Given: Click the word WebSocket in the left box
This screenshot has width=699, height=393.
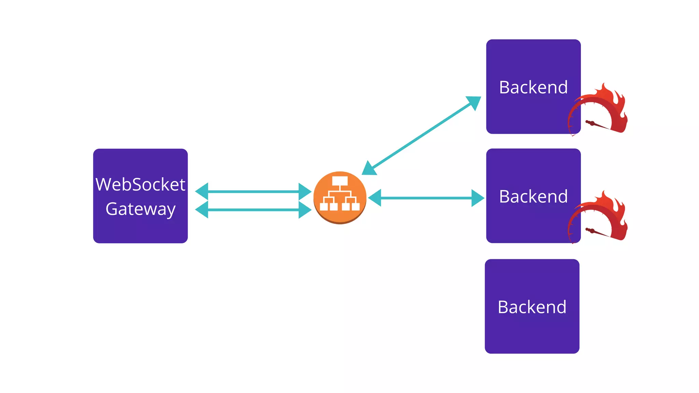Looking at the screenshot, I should click(x=140, y=185).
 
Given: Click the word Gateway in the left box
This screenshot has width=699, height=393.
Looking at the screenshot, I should click(x=140, y=209).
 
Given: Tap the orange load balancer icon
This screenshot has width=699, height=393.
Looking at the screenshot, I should click(x=340, y=198).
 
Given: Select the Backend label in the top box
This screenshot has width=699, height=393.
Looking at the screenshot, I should click(x=533, y=87).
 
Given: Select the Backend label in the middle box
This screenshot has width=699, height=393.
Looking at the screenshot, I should click(x=533, y=196).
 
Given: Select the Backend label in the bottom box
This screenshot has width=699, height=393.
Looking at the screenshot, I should click(x=532, y=307).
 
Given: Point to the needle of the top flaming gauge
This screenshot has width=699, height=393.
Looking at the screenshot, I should click(x=597, y=125).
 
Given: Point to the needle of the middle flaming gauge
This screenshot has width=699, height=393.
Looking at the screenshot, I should click(x=597, y=232).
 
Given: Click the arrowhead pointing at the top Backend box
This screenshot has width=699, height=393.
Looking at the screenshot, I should click(x=474, y=102).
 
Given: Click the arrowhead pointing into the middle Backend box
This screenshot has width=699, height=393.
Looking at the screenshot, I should click(x=477, y=198).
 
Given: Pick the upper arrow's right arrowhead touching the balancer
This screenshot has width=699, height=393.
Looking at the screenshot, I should click(x=304, y=191).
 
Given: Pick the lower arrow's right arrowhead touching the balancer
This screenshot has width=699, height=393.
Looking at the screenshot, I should click(x=304, y=209).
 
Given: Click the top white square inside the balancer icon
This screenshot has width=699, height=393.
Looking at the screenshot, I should click(x=340, y=180).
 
